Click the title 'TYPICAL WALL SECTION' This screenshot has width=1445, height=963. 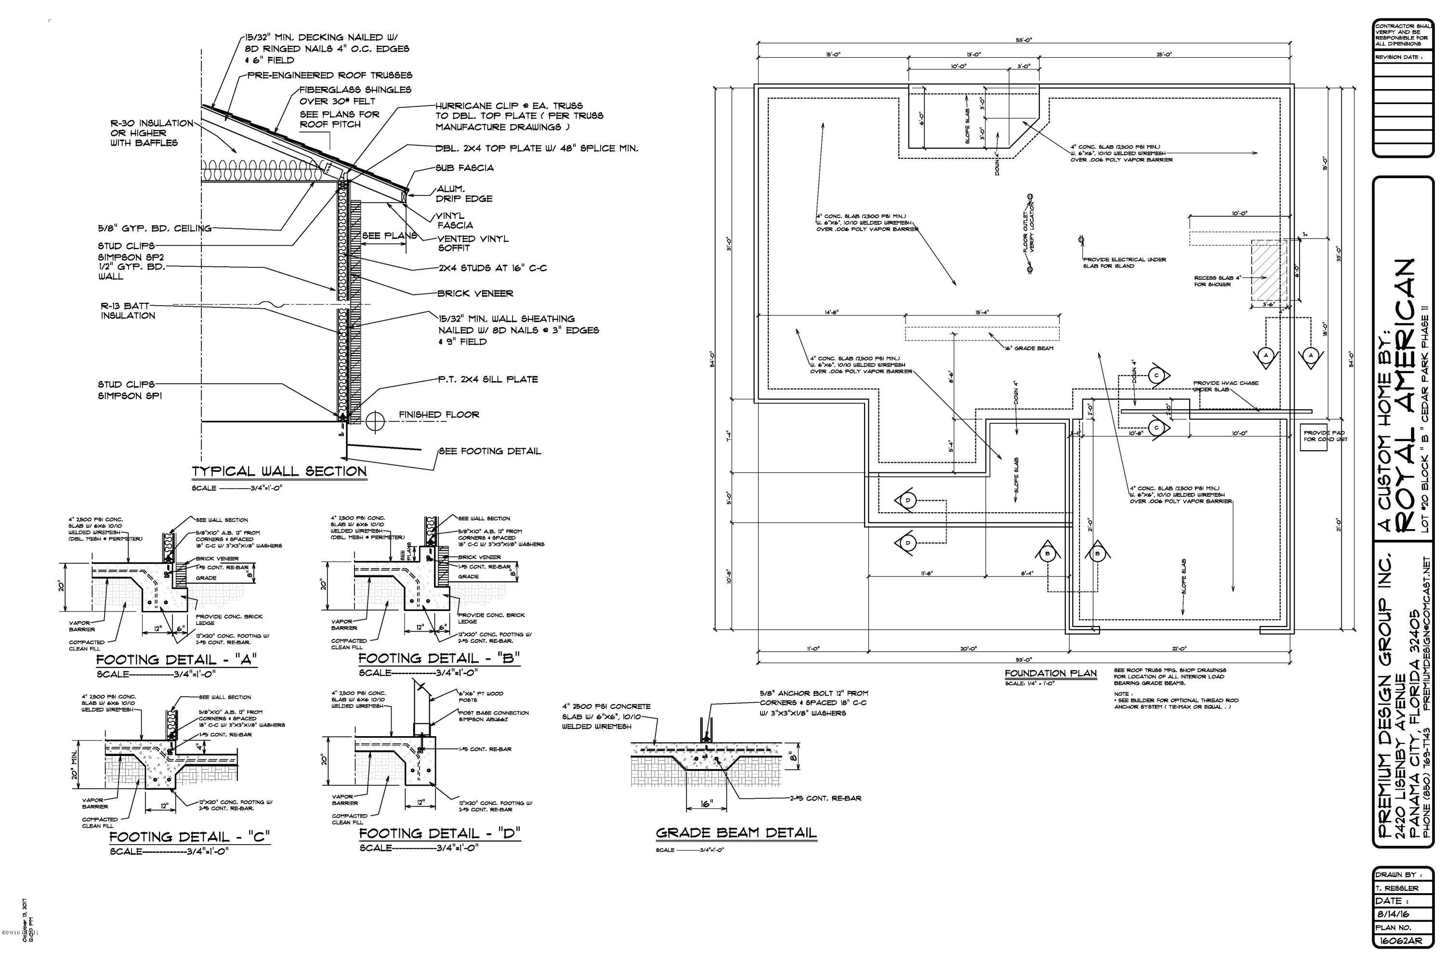pyautogui.click(x=279, y=472)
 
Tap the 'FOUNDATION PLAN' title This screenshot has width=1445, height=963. pyautogui.click(x=1051, y=673)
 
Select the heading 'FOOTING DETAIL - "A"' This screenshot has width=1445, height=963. pyautogui.click(x=176, y=660)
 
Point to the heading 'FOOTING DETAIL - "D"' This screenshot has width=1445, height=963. pyautogui.click(x=439, y=833)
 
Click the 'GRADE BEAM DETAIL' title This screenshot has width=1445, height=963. pyautogui.click(x=736, y=833)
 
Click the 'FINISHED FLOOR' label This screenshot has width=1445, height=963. pyautogui.click(x=439, y=415)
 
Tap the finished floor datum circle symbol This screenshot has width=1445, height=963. pyautogui.click(x=375, y=421)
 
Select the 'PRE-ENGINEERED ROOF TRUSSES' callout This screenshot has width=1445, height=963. pyautogui.click(x=329, y=76)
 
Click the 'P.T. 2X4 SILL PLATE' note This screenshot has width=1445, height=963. pyautogui.click(x=488, y=379)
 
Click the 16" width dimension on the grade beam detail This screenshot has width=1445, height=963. pyautogui.click(x=707, y=803)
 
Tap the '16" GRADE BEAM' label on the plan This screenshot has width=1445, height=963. pyautogui.click(x=1029, y=348)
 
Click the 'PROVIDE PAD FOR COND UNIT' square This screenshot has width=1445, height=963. pyautogui.click(x=1313, y=436)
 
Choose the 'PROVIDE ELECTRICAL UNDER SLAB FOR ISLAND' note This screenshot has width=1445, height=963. pyautogui.click(x=1124, y=263)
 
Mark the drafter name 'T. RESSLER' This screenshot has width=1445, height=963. pyautogui.click(x=1397, y=888)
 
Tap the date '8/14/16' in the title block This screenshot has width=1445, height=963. pyautogui.click(x=1392, y=914)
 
